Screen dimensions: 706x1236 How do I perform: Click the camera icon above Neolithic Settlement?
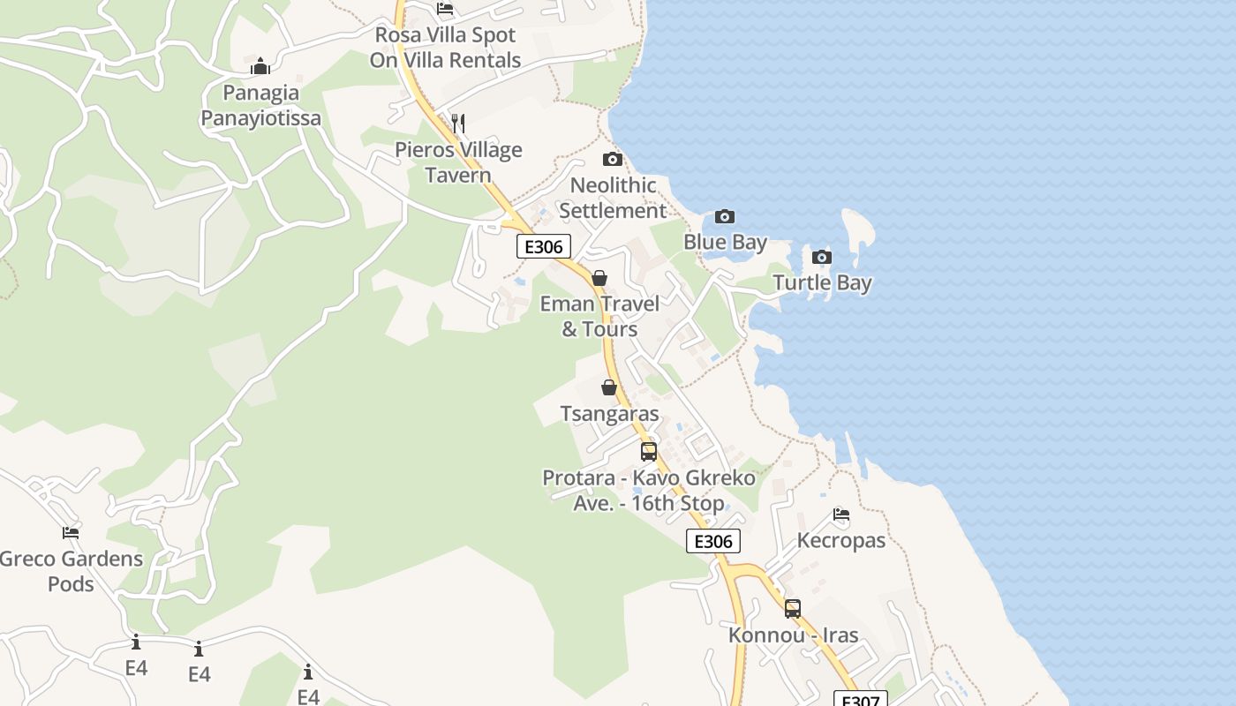[x=612, y=160]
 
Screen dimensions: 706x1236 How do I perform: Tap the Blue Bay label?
[x=725, y=242]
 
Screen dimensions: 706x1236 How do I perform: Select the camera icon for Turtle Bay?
[x=822, y=258]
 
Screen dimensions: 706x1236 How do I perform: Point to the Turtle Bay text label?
[x=822, y=283]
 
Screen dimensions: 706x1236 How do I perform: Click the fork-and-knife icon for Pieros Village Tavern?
[x=457, y=123]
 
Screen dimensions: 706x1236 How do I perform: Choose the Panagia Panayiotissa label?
[x=260, y=105]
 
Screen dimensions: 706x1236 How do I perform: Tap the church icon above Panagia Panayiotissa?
[x=260, y=66]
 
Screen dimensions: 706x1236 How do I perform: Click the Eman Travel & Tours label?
[x=599, y=316]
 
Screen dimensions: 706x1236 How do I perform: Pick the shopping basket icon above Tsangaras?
[x=608, y=387]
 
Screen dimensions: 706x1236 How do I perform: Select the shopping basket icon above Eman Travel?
[x=599, y=279]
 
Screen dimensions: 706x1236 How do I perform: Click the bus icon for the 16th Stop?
[x=649, y=452]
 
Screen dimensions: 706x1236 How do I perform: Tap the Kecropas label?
[x=840, y=540]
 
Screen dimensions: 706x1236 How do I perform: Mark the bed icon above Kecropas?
[x=840, y=514]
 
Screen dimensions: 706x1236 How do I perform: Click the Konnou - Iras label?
[x=793, y=635]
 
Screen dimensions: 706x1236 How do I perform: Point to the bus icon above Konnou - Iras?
[x=793, y=608]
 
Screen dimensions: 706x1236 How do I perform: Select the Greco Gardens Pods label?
[x=71, y=571]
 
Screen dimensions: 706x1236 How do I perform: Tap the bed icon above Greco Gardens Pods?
[x=71, y=533]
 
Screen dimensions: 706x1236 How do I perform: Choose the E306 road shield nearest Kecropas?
[x=712, y=542]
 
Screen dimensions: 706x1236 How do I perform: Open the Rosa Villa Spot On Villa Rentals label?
[x=445, y=48]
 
